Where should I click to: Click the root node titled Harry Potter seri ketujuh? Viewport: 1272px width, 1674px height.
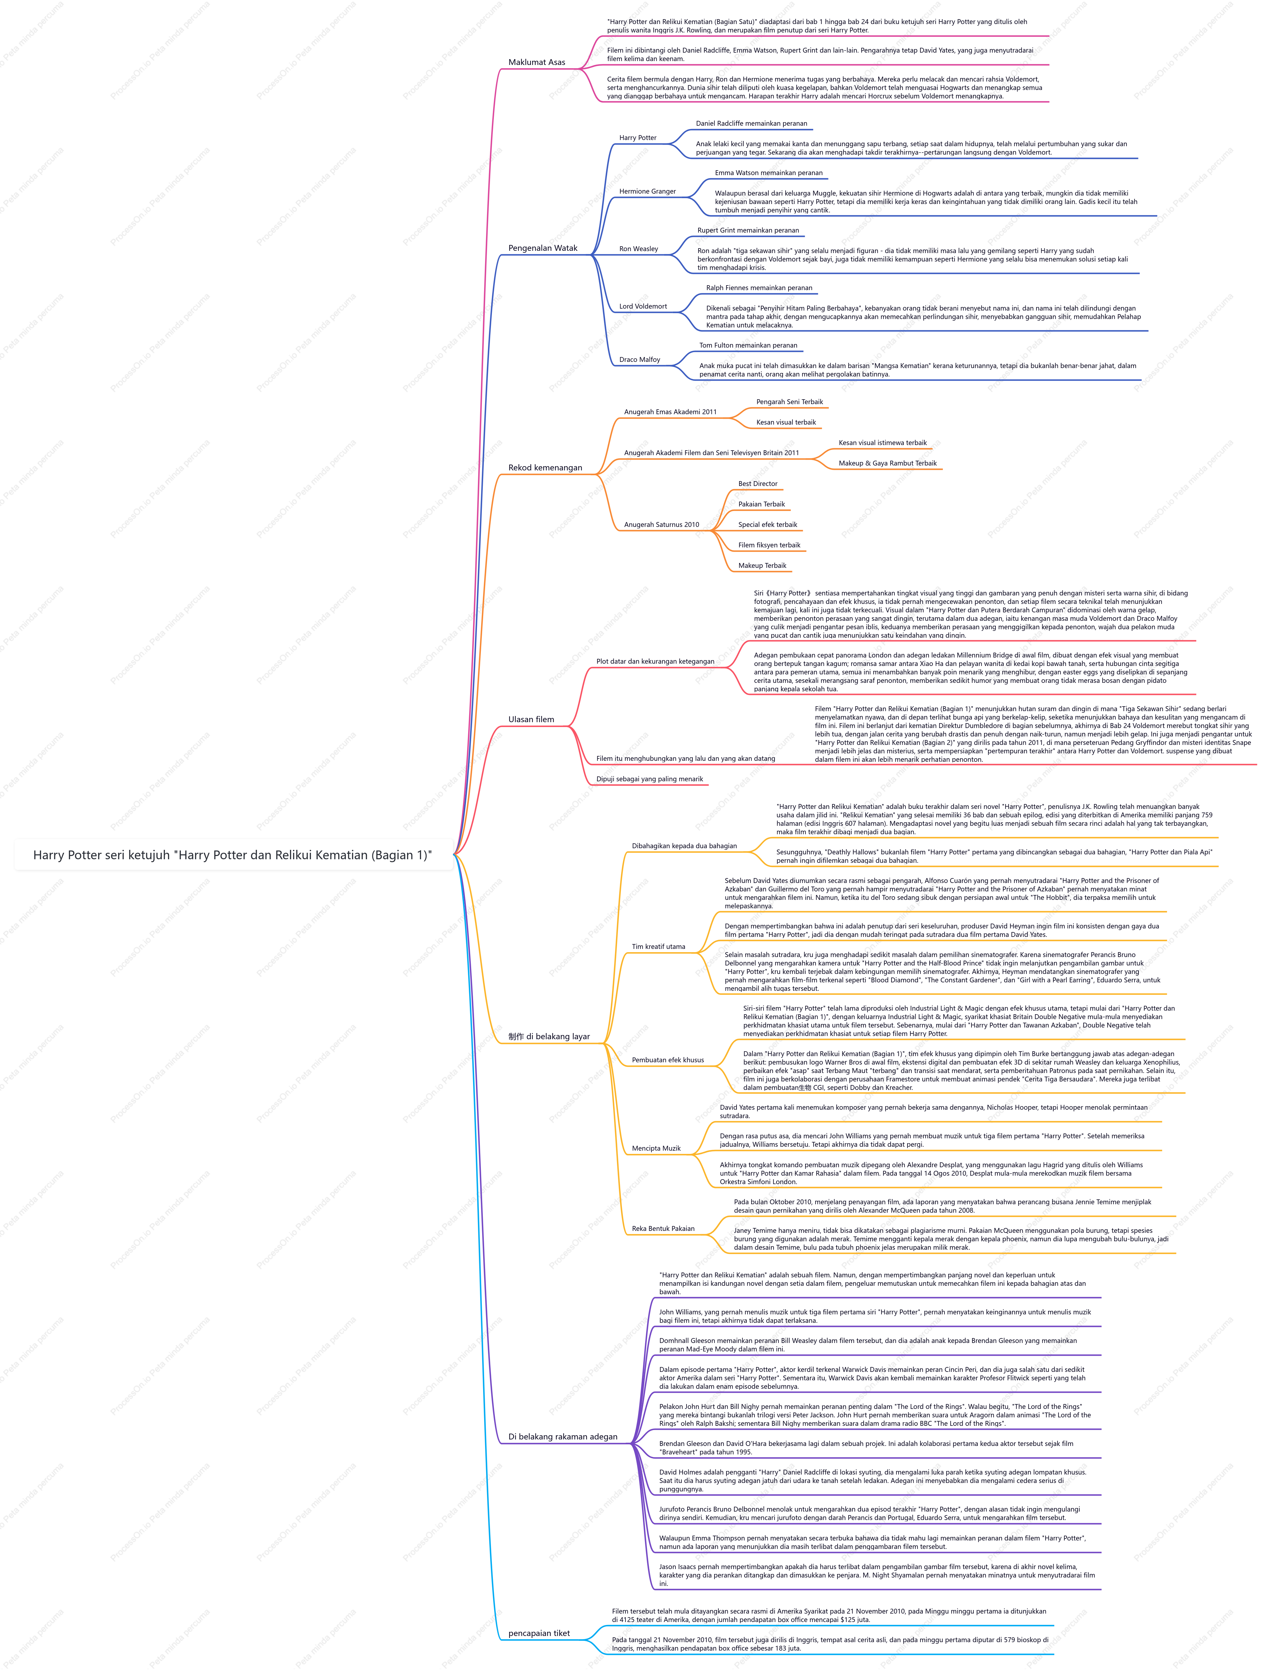click(x=232, y=855)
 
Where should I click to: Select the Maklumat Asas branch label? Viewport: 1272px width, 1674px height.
click(x=537, y=62)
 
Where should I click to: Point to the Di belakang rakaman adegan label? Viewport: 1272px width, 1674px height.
click(x=562, y=1436)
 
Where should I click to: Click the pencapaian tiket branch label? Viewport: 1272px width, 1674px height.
click(x=539, y=1633)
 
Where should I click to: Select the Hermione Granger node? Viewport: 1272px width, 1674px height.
click(x=647, y=192)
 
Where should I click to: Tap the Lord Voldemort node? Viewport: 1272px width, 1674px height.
click(x=643, y=307)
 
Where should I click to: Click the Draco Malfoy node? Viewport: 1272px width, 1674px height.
click(x=640, y=360)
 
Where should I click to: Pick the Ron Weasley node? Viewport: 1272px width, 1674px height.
click(x=638, y=249)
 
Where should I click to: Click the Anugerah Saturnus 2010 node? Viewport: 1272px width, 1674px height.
click(x=662, y=525)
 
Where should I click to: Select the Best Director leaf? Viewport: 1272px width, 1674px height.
click(x=758, y=484)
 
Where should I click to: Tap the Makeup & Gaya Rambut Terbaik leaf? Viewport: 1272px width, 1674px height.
click(x=887, y=463)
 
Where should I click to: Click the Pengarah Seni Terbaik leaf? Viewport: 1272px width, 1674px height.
click(x=790, y=402)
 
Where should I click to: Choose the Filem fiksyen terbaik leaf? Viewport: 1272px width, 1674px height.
click(x=769, y=545)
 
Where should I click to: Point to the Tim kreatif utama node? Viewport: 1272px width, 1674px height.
click(x=659, y=946)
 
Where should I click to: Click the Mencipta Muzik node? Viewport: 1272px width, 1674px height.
click(x=656, y=1149)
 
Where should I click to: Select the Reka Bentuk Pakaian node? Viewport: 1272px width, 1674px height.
click(x=663, y=1229)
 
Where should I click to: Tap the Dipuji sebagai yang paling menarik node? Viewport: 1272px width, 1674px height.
click(x=649, y=779)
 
